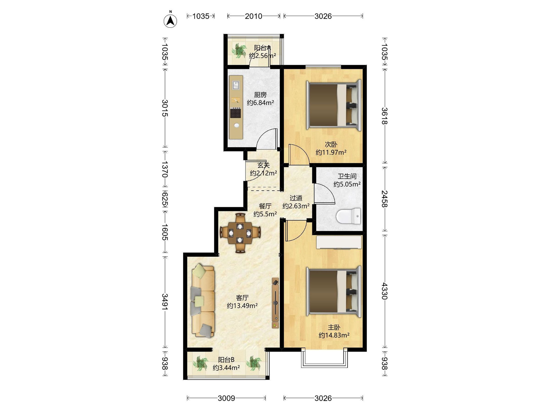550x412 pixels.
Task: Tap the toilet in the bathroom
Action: click(x=348, y=216)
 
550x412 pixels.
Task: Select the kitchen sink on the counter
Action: click(x=236, y=85)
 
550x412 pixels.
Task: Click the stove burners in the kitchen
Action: click(x=236, y=113)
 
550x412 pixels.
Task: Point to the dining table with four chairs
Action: click(x=240, y=233)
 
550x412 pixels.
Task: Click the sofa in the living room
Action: click(x=203, y=301)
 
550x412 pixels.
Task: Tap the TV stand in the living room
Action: click(x=275, y=303)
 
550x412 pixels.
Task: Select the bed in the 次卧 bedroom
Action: click(x=334, y=105)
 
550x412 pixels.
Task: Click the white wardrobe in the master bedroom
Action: click(x=339, y=242)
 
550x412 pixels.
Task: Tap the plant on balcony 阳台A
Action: click(x=239, y=51)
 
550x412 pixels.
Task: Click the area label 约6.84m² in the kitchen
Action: click(x=260, y=102)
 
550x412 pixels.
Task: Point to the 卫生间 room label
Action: click(x=347, y=176)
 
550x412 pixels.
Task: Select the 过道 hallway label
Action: click(x=296, y=198)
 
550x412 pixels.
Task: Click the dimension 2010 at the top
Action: click(x=253, y=16)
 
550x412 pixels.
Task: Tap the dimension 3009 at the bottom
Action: click(x=226, y=398)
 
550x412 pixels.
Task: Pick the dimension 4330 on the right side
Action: click(x=385, y=291)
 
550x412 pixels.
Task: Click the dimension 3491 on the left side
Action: click(x=165, y=302)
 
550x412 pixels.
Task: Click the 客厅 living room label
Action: click(x=242, y=298)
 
